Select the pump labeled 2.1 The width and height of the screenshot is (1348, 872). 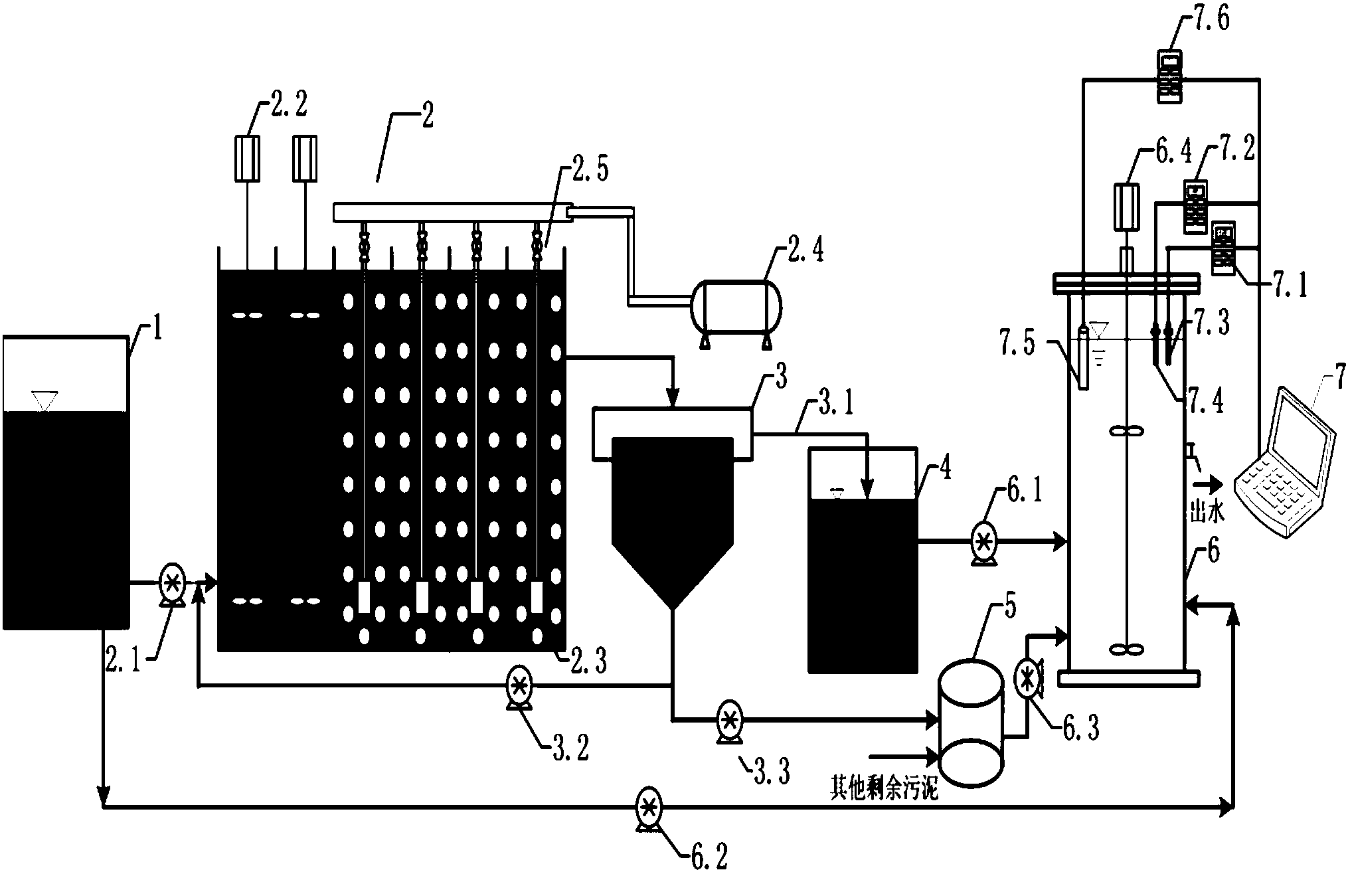(x=173, y=584)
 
